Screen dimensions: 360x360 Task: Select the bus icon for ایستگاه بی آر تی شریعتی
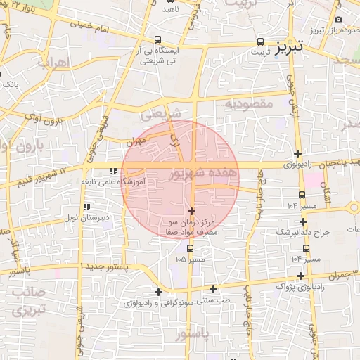tap(157, 40)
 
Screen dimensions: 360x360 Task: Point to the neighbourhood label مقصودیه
tap(248, 103)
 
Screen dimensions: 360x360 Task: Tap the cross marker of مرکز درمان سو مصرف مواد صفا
tap(191, 211)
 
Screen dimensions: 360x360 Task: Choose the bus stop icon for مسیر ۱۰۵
tap(190, 248)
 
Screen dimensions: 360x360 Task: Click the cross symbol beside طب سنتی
tap(214, 288)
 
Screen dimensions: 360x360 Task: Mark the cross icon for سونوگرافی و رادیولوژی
tap(158, 292)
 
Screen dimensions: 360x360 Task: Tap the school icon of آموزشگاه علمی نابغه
tap(112, 171)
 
